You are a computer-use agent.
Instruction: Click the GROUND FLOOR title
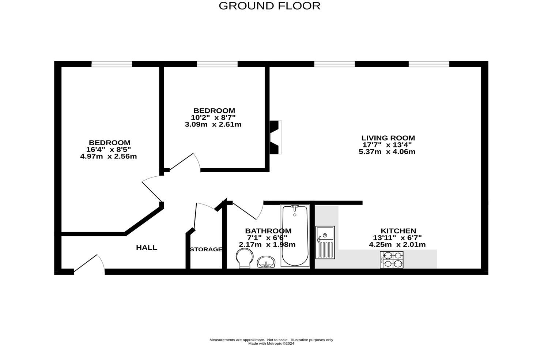pos(269,6)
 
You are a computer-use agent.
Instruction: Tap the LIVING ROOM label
pos(388,138)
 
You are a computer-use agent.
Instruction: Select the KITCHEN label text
pos(398,231)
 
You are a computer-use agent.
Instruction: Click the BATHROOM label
pos(268,231)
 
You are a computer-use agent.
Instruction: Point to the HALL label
pos(147,248)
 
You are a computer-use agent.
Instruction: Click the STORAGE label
pos(206,250)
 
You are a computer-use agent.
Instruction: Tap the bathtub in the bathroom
pos(295,236)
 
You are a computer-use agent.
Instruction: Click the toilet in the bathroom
pos(245,258)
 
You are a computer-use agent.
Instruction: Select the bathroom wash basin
pos(266,262)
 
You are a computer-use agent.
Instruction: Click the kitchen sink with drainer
pos(325,242)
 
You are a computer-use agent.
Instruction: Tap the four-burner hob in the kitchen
pos(392,260)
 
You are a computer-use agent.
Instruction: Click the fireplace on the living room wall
pos(275,137)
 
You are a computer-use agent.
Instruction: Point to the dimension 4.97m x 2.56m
pos(108,157)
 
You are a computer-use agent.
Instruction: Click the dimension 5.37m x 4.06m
pos(387,152)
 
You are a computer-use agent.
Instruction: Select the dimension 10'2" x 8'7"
pos(213,117)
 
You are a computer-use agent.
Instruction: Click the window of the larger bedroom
pos(112,64)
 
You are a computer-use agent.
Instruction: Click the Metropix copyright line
pos(271,344)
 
